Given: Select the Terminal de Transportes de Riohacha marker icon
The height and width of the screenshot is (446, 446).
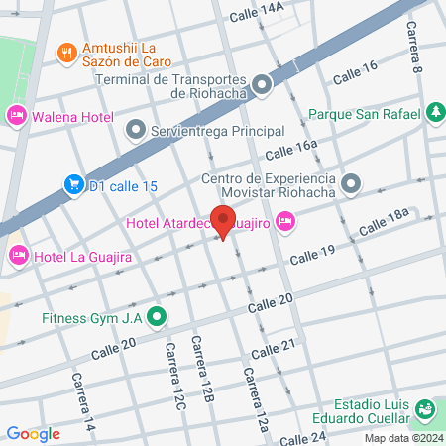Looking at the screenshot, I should [262, 85].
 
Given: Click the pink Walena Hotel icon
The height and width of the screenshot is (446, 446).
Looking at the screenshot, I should [17, 116].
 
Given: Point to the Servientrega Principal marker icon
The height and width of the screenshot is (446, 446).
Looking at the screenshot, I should [135, 130].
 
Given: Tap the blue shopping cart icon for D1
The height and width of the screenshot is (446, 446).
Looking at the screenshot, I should [73, 183].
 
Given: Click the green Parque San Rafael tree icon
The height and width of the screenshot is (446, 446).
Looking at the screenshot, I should [433, 113].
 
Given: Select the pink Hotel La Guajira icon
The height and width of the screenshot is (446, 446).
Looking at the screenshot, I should [17, 257].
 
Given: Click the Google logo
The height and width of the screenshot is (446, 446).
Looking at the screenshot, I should [33, 433].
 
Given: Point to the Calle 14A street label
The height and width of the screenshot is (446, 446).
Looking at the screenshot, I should [257, 13].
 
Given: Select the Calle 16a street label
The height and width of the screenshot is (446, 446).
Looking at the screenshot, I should [291, 150].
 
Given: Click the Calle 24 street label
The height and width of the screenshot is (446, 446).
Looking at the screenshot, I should [303, 437].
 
